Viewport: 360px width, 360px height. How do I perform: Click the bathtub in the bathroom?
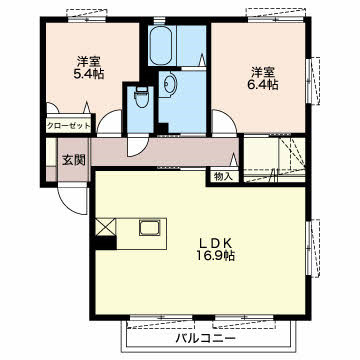tap(161, 46)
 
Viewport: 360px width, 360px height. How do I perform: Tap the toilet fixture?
tap(141, 97)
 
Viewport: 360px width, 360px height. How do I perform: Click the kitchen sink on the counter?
tap(150, 228)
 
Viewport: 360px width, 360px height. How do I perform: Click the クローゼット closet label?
tap(68, 126)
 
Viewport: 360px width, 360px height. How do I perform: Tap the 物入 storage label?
tap(223, 176)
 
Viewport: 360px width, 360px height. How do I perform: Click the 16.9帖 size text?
tap(215, 256)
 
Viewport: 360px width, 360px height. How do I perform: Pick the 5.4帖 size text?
tap(89, 73)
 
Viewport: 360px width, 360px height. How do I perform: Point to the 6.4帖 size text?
tap(263, 84)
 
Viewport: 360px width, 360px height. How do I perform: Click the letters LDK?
tap(215, 242)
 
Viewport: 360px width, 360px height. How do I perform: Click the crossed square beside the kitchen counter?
tap(106, 227)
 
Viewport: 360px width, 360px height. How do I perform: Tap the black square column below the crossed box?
tap(106, 243)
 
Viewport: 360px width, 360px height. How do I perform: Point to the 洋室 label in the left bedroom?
tap(89, 61)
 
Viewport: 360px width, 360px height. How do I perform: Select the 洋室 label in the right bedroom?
tap(263, 72)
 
